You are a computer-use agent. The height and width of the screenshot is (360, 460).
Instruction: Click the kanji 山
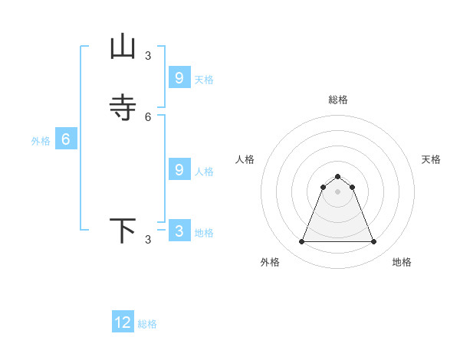[123, 47]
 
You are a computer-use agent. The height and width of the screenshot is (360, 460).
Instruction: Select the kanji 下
[123, 231]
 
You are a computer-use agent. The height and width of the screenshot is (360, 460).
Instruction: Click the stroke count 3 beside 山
[148, 55]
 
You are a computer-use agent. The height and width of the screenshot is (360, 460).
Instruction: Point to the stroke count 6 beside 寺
[148, 116]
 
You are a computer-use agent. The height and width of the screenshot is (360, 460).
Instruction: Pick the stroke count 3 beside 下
[148, 240]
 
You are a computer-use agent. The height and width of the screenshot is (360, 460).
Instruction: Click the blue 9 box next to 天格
[179, 78]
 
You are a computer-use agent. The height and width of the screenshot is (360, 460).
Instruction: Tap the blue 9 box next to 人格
[179, 170]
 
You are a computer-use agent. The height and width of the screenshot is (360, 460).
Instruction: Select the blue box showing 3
[179, 231]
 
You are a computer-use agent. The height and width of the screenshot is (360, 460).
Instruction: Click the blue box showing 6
[66, 139]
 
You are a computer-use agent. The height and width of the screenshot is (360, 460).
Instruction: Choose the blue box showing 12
[123, 322]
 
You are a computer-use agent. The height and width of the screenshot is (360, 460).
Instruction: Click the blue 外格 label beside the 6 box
[41, 141]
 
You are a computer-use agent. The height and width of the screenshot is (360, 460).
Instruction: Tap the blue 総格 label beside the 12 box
[147, 324]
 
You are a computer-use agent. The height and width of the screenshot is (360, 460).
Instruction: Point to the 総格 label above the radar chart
[338, 100]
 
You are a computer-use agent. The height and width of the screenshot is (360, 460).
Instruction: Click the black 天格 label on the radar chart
[432, 159]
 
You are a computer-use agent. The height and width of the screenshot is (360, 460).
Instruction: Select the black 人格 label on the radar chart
[245, 159]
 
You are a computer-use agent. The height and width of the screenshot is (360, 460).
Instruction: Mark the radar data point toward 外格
[301, 242]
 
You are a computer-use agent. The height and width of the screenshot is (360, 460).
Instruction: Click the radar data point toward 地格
[374, 242]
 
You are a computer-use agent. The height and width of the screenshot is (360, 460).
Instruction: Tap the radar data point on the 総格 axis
[337, 177]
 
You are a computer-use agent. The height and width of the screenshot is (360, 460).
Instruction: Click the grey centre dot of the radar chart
[337, 191]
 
